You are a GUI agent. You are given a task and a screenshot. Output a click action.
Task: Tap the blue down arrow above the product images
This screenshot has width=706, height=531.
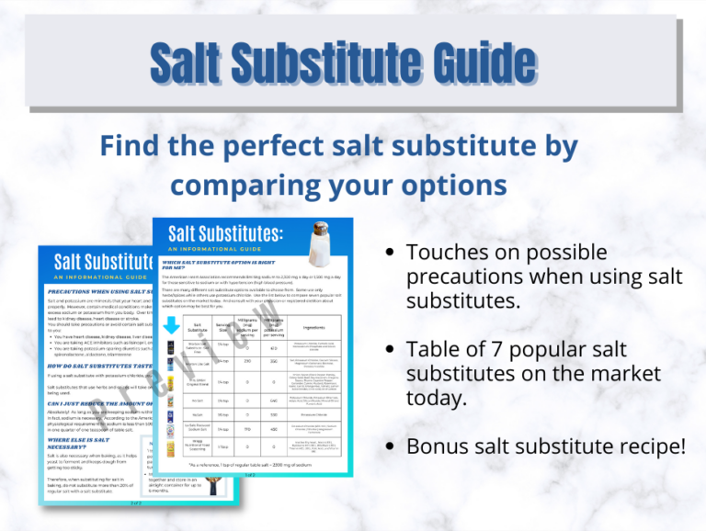171,326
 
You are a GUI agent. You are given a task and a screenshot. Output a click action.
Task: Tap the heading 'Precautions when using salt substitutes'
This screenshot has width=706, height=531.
101,291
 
